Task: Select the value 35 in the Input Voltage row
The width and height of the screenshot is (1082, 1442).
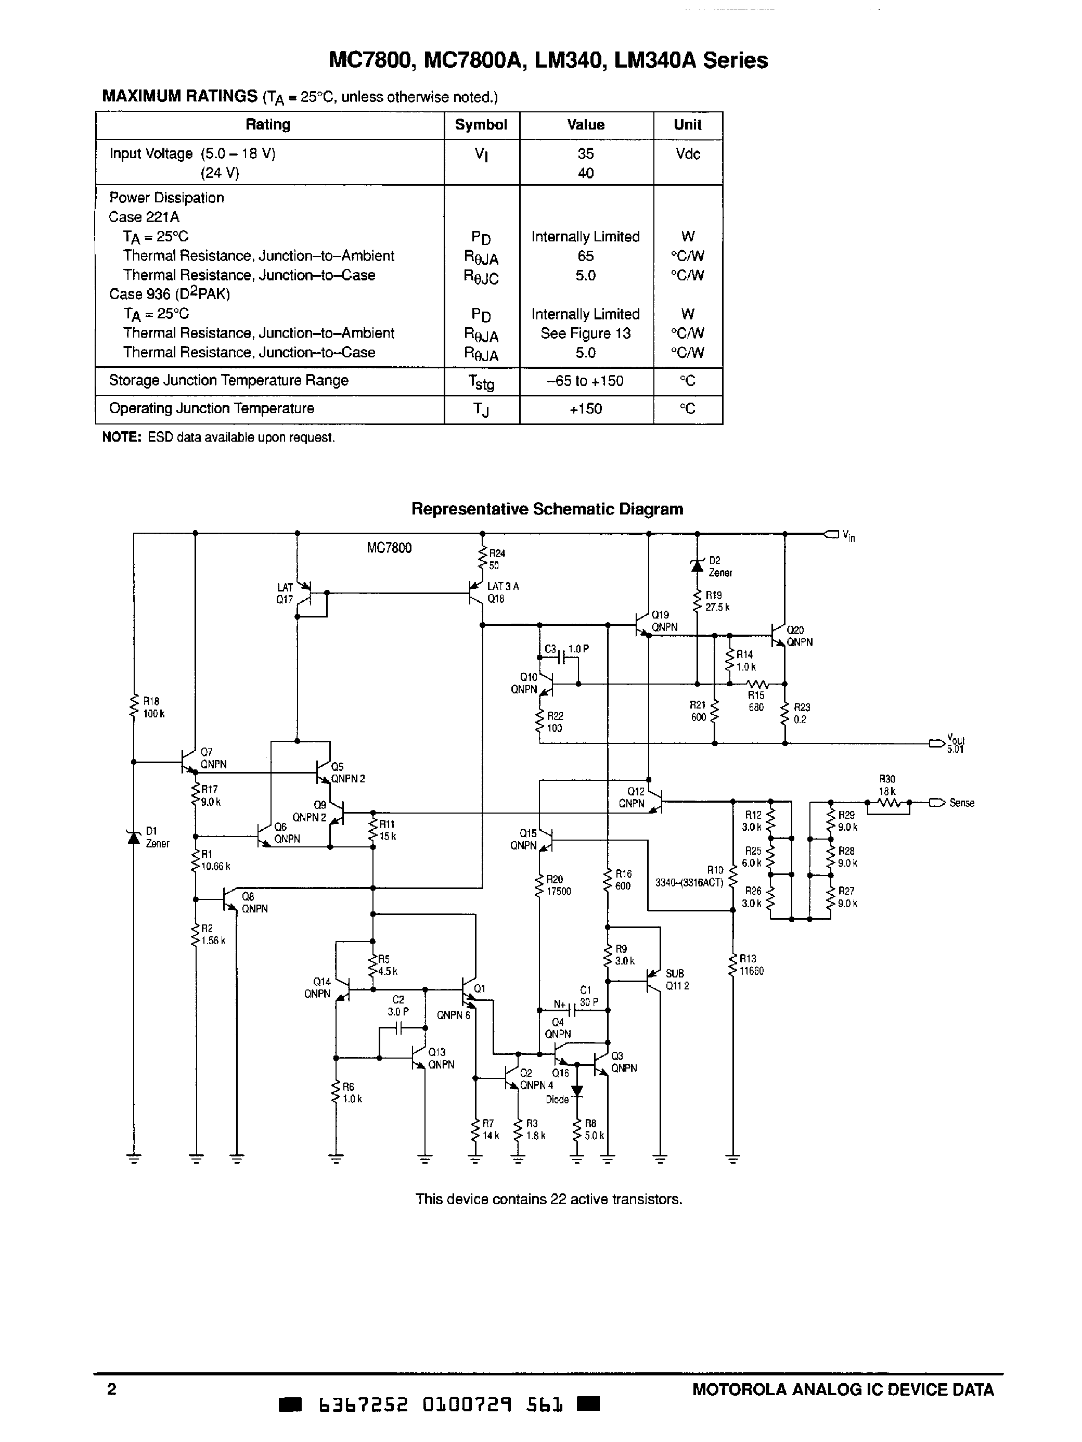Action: click(585, 154)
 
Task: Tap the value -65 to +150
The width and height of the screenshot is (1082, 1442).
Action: click(585, 381)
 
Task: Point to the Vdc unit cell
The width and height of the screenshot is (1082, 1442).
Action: click(688, 154)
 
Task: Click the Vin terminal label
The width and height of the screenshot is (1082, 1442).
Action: click(848, 536)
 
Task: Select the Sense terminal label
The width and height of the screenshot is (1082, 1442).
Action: click(961, 803)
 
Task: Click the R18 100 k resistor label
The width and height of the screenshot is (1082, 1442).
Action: click(153, 708)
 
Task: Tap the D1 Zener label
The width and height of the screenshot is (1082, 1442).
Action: click(157, 837)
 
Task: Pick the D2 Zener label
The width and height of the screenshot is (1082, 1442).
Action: click(719, 566)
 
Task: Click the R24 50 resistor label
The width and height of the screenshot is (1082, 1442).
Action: click(497, 559)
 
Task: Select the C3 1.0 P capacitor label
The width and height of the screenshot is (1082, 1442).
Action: click(566, 649)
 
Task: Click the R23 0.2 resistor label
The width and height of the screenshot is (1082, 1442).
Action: click(801, 713)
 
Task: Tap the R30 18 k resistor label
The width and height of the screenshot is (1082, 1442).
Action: click(887, 785)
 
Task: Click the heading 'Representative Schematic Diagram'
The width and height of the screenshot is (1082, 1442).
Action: click(547, 509)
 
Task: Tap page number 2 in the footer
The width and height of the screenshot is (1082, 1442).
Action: click(111, 1389)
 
